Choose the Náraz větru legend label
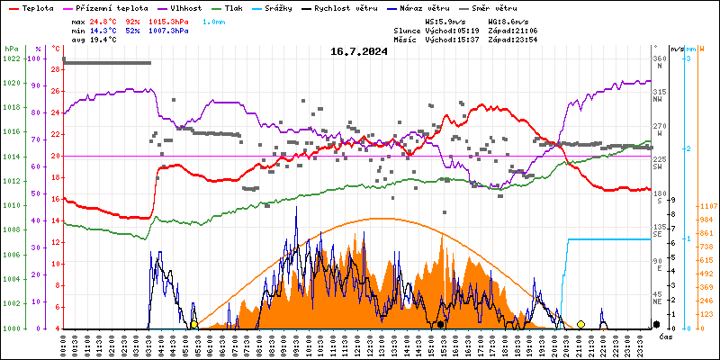click(427, 7)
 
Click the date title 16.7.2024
click(359, 51)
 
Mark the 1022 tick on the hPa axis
click(11, 58)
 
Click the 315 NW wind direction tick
click(660, 92)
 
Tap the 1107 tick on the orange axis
click(706, 205)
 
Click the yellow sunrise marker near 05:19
click(193, 324)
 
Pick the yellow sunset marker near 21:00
click(580, 324)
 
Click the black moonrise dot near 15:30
click(440, 324)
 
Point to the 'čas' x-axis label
click(666, 337)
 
